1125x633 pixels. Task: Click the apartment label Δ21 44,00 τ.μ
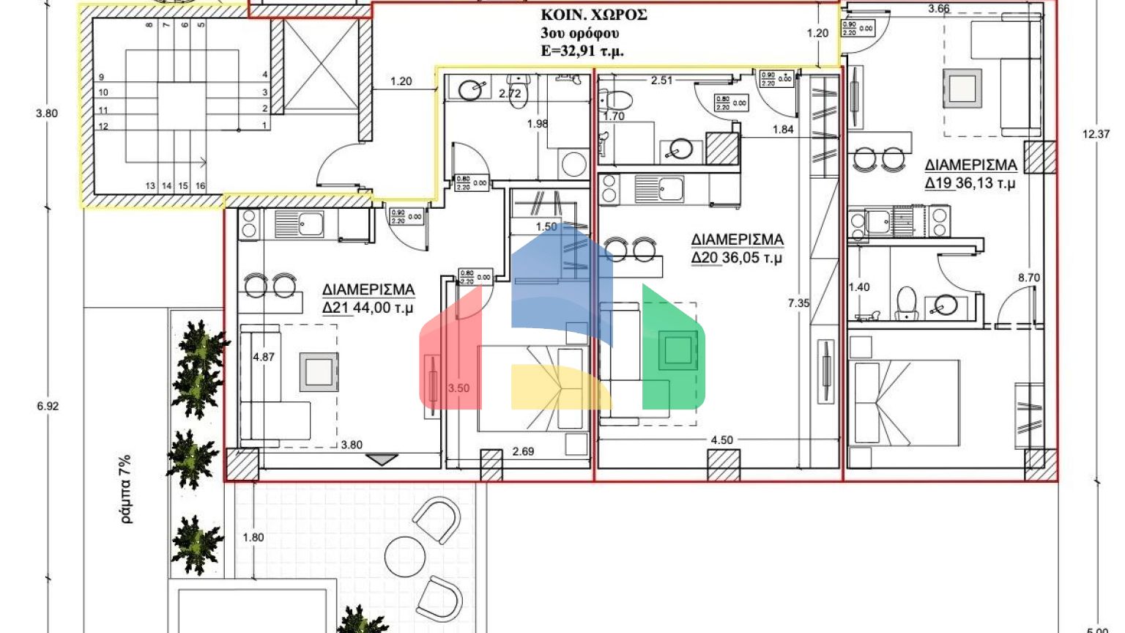coord(368,299)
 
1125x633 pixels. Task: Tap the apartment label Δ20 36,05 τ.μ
coord(737,248)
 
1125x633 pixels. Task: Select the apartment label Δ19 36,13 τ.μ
coord(970,174)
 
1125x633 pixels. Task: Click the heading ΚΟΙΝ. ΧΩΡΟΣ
coord(593,15)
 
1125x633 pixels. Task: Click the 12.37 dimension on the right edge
coord(1095,134)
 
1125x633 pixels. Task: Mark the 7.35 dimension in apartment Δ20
coord(798,303)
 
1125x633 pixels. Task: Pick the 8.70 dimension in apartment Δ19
coord(1028,278)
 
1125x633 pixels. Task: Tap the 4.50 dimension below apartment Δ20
coord(721,440)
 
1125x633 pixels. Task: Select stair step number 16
coord(200,186)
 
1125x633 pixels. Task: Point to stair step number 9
coord(101,77)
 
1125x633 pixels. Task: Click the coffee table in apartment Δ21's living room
coord(318,371)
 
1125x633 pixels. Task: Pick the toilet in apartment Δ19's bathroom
coord(907,302)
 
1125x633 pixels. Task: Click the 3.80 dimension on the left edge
coord(46,114)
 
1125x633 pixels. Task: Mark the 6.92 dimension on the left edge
coord(46,406)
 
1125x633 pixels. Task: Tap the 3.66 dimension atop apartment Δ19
coord(938,9)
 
